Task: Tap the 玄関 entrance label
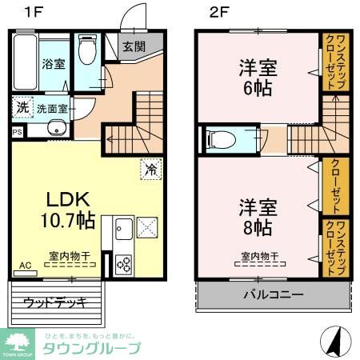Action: [x=134, y=47]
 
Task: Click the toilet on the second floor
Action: [x=219, y=139]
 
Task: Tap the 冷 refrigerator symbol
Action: [x=149, y=169]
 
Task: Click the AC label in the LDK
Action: [x=24, y=265]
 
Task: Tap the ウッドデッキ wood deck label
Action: [x=54, y=302]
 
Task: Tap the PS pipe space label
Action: [x=17, y=132]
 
